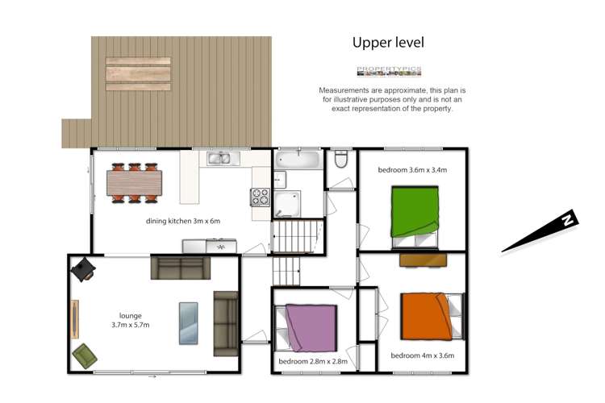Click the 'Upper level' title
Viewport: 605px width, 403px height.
click(388, 42)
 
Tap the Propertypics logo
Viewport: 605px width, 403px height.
click(389, 71)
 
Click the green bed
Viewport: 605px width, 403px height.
click(417, 211)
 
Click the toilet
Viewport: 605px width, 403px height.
click(340, 160)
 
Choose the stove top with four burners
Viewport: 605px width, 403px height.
click(261, 197)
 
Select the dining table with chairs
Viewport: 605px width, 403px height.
click(134, 182)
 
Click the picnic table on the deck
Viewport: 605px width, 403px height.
click(138, 73)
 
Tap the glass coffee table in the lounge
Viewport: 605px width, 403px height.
click(188, 322)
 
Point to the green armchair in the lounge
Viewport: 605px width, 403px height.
click(85, 353)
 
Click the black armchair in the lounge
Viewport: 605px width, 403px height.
click(84, 268)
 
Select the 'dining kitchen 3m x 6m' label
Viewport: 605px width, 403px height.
click(183, 221)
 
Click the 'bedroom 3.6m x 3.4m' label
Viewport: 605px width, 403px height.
click(412, 170)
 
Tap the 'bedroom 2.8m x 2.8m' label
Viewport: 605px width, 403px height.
click(313, 362)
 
